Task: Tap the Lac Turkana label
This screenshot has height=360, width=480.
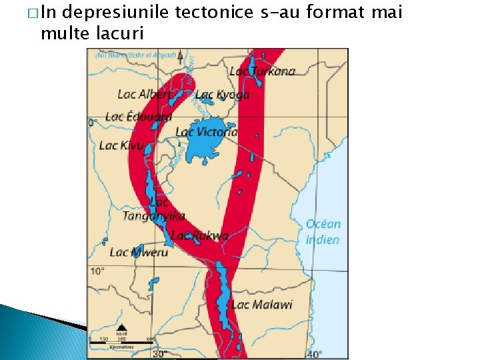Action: (x=262, y=71)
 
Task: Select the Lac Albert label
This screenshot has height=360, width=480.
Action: (x=143, y=95)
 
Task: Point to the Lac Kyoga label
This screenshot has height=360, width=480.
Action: (x=222, y=95)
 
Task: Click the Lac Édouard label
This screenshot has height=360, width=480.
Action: (x=138, y=117)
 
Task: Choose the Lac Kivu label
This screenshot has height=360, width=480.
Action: (x=121, y=145)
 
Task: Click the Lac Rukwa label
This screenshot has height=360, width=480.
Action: (x=199, y=235)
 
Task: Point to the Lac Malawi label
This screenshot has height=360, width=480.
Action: (x=262, y=305)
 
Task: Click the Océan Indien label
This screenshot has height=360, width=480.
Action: (x=323, y=232)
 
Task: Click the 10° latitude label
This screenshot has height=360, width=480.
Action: (x=97, y=271)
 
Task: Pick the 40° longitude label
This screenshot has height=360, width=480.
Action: (x=314, y=354)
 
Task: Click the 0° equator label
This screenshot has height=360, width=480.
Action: (x=93, y=123)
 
